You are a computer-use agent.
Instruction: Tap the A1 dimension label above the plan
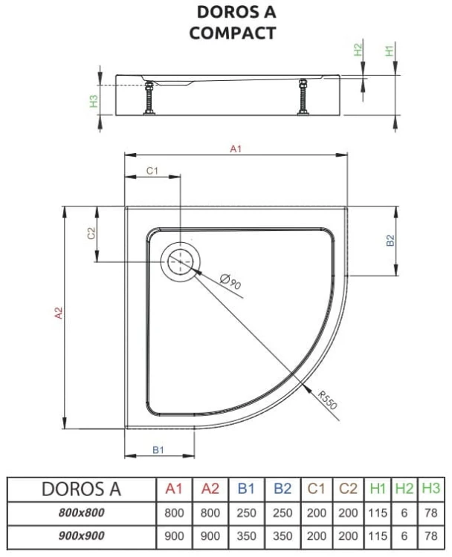(x=236, y=149)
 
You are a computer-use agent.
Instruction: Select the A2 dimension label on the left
(x=59, y=314)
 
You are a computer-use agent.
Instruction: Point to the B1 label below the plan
(x=158, y=449)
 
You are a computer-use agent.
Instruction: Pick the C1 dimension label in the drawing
(x=152, y=171)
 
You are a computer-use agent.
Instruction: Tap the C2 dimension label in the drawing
(x=91, y=234)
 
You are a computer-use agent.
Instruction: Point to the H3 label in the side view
(x=94, y=100)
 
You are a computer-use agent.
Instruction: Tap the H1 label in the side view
(x=389, y=51)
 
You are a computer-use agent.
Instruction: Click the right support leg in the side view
(x=303, y=97)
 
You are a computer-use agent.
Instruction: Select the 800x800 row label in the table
(x=82, y=512)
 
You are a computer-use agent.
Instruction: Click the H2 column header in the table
(x=404, y=489)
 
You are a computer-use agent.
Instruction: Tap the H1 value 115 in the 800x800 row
(x=378, y=512)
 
